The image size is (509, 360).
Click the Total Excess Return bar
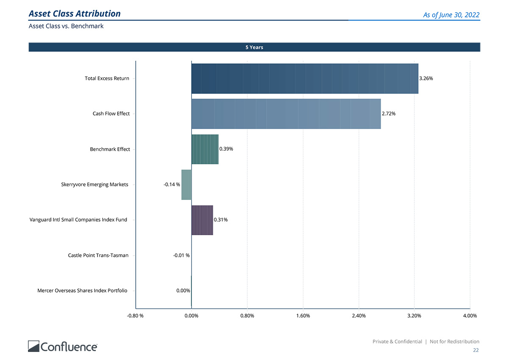pos(305,79)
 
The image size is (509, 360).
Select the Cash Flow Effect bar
pos(286,114)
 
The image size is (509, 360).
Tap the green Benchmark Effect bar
pos(205,149)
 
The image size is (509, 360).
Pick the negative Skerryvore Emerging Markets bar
pos(186,185)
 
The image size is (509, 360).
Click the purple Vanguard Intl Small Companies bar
pos(202,220)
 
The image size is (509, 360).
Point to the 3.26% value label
pos(426,79)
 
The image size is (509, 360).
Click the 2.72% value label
pos(389,114)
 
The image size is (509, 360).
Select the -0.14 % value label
pos(172,185)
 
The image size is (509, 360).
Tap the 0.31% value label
pos(221,220)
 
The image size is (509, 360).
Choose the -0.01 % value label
pos(181,256)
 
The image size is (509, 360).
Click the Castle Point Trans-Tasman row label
pos(98,256)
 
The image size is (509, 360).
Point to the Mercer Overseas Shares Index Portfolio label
pos(82,291)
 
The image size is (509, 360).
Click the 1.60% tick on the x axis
pos(303,316)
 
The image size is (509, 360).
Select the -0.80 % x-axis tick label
pos(135,316)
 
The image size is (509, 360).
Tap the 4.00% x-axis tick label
pos(470,316)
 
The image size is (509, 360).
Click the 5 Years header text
pos(254,47)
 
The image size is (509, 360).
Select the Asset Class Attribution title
pos(75,14)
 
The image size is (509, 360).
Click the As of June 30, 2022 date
pos(451,15)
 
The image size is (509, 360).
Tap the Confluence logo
pos(63,346)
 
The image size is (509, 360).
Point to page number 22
pos(476,350)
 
